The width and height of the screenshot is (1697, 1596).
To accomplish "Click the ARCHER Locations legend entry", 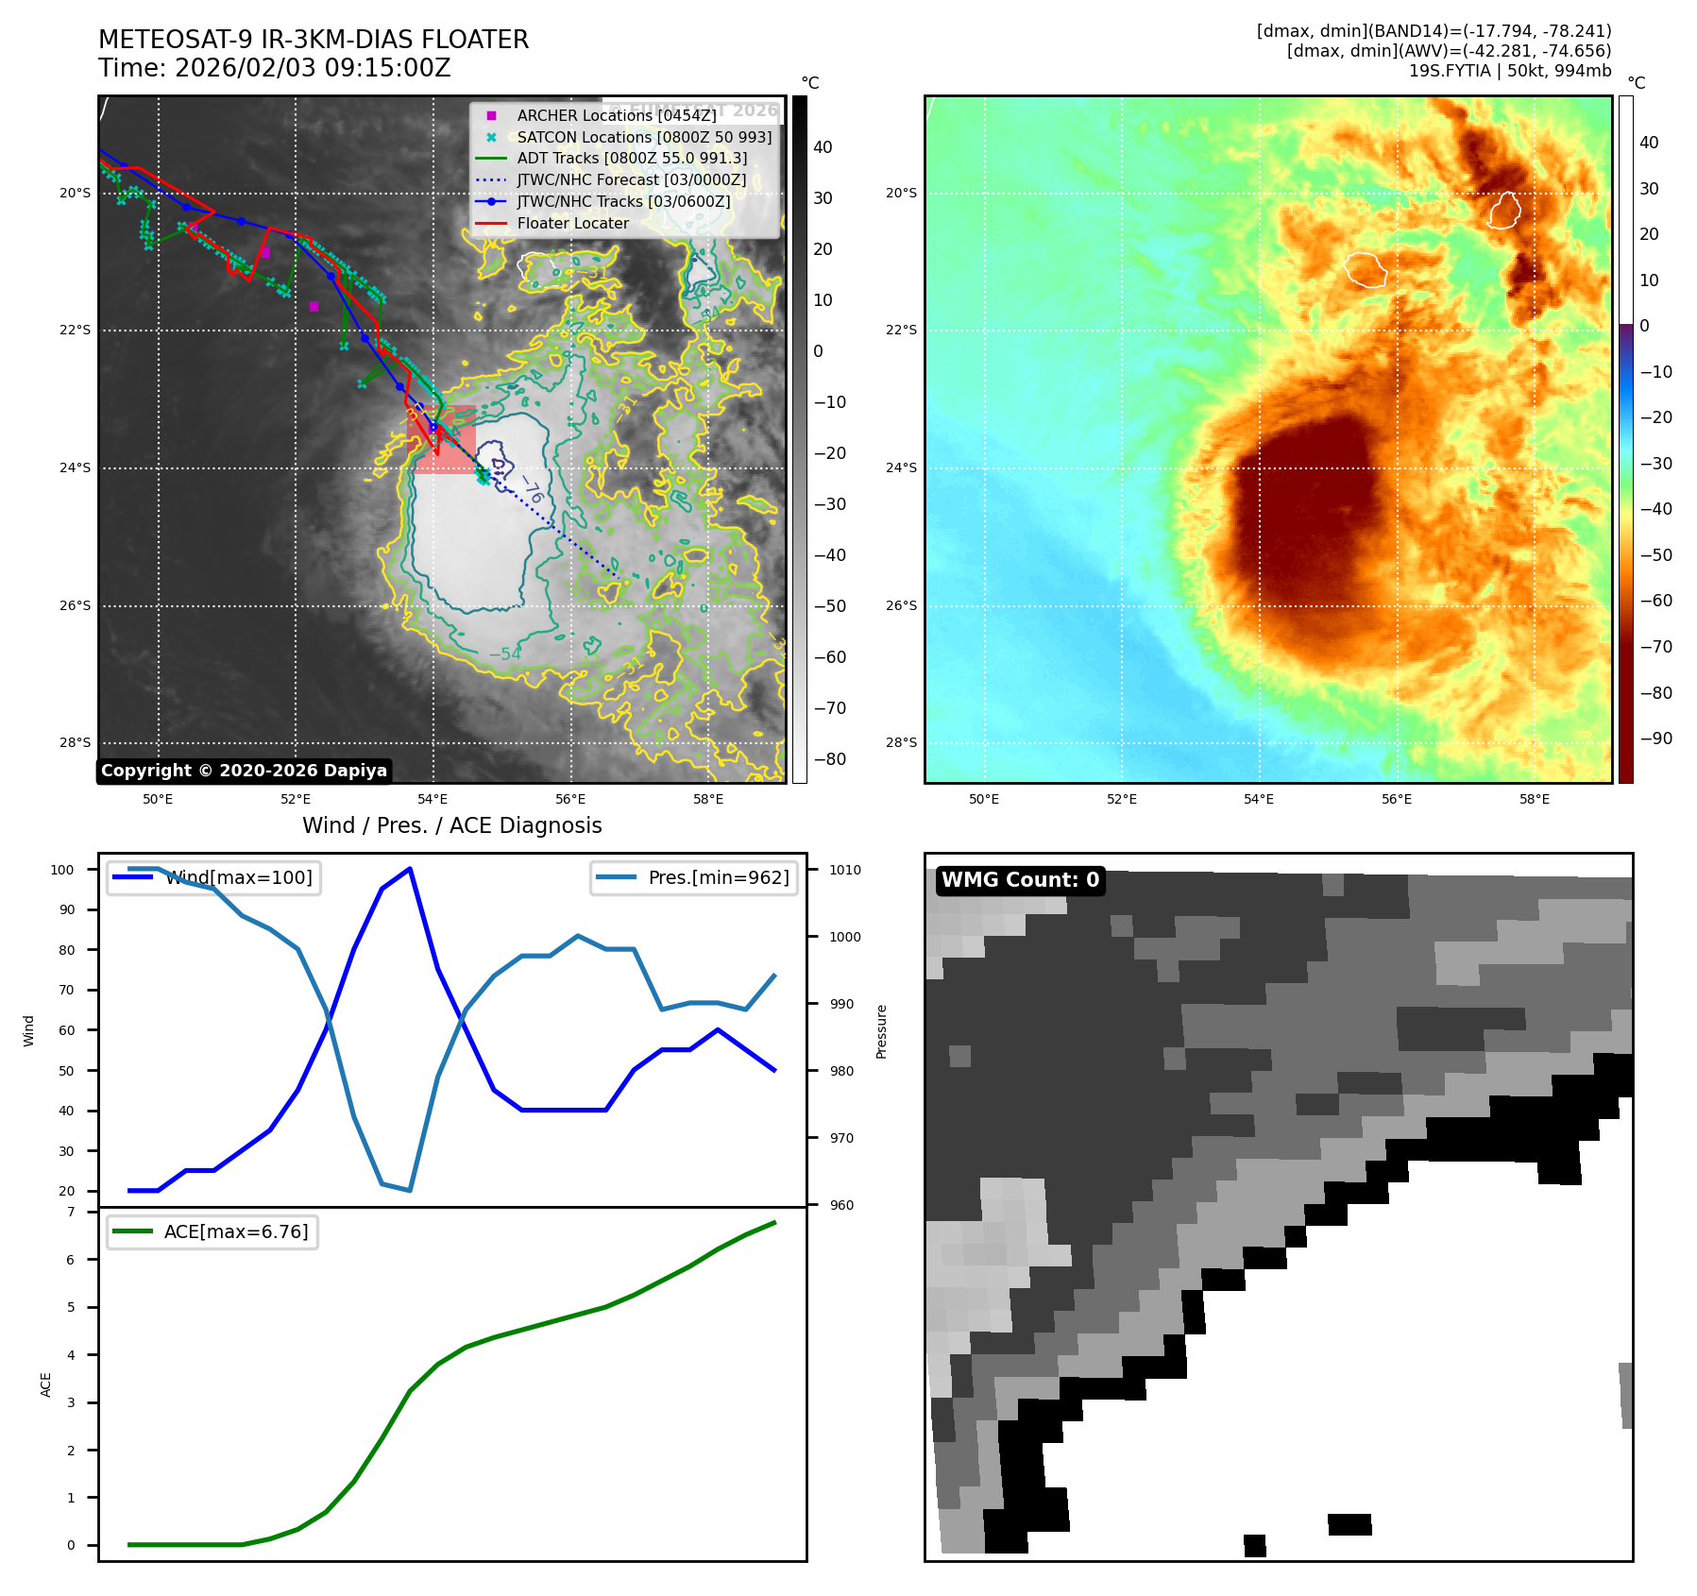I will tap(616, 115).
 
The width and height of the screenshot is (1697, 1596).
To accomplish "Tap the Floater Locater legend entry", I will tap(572, 224).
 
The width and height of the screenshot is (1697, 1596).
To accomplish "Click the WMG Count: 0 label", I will tap(1020, 880).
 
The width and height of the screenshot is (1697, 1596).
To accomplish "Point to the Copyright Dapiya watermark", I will tap(244, 771).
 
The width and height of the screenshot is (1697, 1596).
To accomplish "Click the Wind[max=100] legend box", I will tap(213, 877).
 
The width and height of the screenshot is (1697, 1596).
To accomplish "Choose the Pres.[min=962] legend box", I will tap(695, 877).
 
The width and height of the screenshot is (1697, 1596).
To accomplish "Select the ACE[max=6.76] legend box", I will tap(212, 1231).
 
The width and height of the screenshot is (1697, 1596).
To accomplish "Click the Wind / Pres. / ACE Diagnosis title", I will tap(451, 825).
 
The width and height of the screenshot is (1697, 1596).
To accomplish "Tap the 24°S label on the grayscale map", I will tap(76, 468).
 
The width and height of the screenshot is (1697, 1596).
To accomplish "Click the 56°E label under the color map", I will tap(1397, 799).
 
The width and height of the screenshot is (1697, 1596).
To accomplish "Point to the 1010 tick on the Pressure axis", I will tap(845, 870).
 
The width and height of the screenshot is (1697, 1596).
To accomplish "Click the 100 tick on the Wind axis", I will tap(62, 870).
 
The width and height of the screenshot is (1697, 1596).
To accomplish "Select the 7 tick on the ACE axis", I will tap(71, 1212).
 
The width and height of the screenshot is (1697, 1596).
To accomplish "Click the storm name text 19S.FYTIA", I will tap(1450, 71).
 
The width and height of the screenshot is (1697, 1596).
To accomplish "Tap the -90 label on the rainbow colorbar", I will tap(1655, 739).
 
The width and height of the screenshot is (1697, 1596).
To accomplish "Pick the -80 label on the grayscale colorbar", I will tap(830, 759).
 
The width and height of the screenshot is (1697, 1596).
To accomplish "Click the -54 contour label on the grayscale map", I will tap(505, 654).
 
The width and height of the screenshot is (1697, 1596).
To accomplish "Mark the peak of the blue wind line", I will tap(410, 868).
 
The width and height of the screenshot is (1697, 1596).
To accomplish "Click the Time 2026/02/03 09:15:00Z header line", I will tap(275, 68).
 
